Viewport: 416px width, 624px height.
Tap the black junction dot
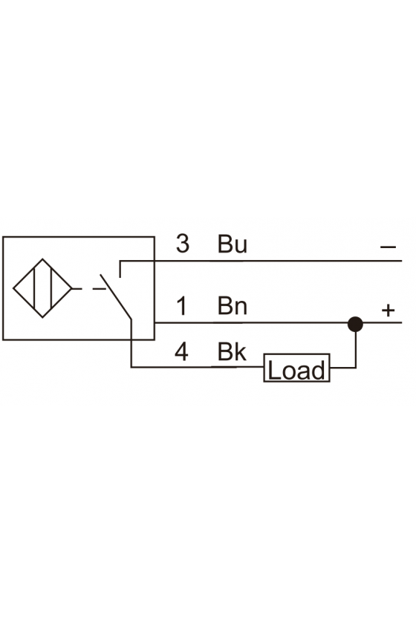[x=355, y=325]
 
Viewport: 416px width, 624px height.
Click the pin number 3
[x=183, y=244]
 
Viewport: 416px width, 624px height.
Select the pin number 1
[x=181, y=306]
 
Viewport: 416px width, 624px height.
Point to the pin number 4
[x=181, y=352]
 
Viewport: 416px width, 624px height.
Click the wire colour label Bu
[x=233, y=244]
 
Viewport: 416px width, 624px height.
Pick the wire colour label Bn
[x=233, y=306]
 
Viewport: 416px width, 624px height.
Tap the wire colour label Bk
[x=232, y=352]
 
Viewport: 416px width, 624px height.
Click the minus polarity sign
[x=388, y=247]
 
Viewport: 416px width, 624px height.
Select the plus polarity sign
[x=388, y=310]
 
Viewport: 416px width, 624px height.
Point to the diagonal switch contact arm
[x=115, y=296]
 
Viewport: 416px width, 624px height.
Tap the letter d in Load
[x=318, y=370]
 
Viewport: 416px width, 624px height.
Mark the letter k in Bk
[x=241, y=352]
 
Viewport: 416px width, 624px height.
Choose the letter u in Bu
[x=241, y=247]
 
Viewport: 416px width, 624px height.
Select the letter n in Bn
[x=241, y=309]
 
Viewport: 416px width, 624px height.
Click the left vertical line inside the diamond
[x=35, y=288]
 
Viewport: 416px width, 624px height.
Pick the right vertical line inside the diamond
[x=52, y=288]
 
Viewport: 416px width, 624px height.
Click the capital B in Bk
[x=225, y=352]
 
